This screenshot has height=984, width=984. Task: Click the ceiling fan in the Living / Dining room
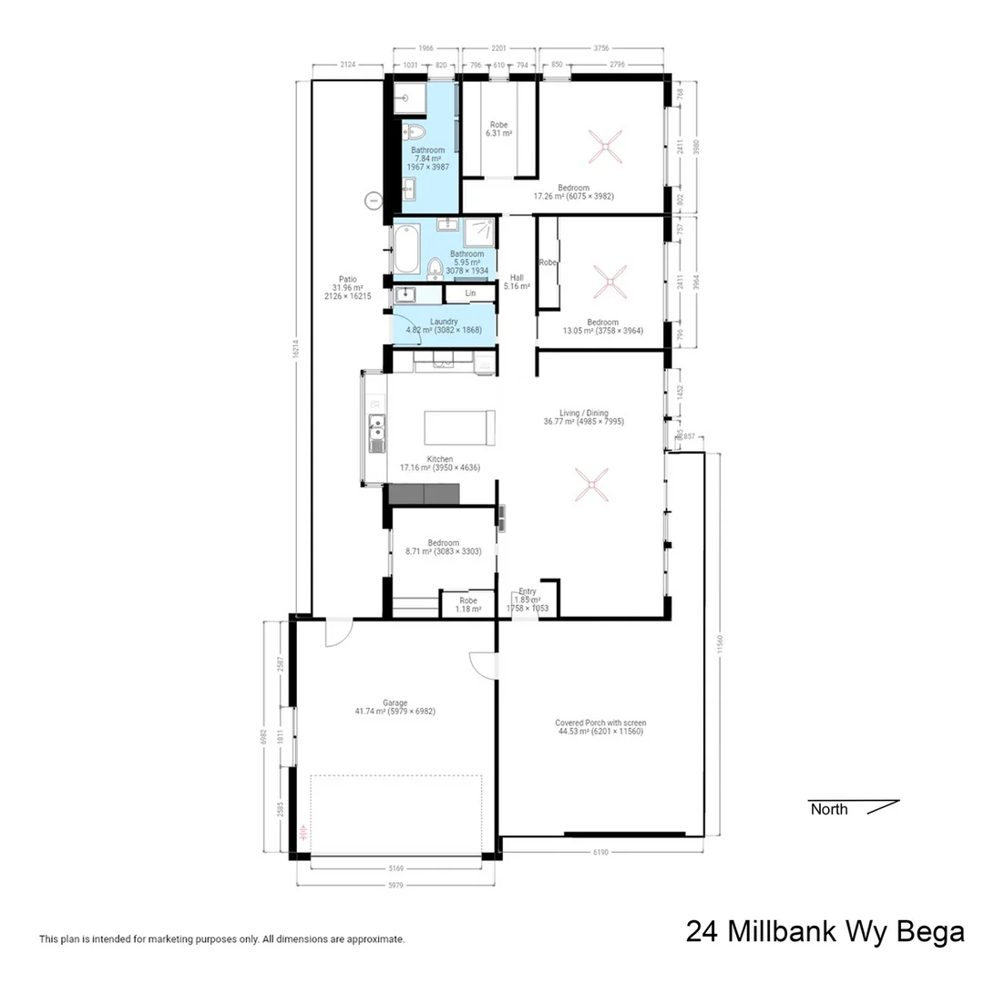(591, 484)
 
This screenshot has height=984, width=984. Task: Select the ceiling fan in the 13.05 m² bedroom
(609, 282)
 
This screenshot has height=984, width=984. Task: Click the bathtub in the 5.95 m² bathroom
(406, 249)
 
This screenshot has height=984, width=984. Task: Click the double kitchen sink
(375, 434)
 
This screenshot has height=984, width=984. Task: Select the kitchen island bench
(459, 427)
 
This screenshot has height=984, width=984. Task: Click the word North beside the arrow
(828, 809)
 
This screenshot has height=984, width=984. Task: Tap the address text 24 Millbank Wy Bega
(824, 931)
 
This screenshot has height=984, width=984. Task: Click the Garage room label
(395, 702)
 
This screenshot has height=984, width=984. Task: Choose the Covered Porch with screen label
(600, 723)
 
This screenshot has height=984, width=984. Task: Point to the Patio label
(347, 280)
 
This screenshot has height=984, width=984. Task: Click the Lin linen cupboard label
(470, 293)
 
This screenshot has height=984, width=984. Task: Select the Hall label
(517, 279)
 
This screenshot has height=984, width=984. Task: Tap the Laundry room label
(444, 321)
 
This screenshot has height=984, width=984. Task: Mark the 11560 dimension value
(721, 644)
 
